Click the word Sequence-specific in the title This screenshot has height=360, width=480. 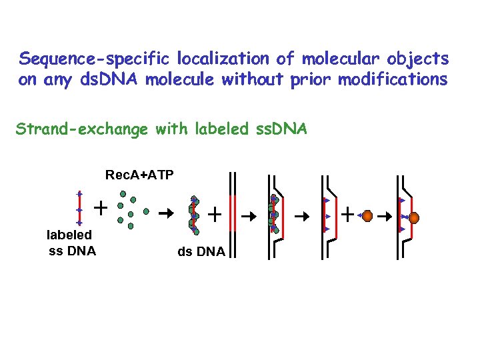(74, 59)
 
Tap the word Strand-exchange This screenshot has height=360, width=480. (81, 129)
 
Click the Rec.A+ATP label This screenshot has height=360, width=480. (139, 175)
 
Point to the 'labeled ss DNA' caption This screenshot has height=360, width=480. (69, 243)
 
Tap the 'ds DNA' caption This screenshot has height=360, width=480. (201, 251)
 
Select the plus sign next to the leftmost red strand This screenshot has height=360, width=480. (101, 207)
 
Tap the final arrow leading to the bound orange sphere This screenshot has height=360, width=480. (385, 216)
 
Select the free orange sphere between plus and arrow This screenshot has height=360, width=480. (366, 216)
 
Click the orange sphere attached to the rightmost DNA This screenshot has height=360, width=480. (413, 218)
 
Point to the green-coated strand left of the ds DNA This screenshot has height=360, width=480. (193, 213)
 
